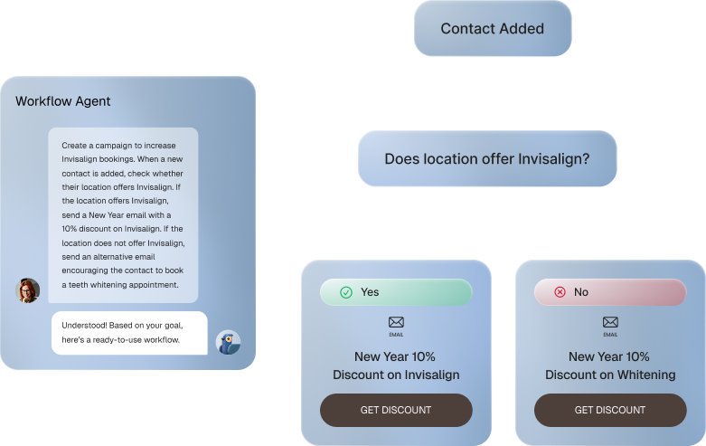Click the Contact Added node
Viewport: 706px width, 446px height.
[493, 28]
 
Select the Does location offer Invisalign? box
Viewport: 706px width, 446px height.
[487, 158]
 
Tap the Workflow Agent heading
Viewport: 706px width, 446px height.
[62, 101]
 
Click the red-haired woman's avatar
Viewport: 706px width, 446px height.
[27, 290]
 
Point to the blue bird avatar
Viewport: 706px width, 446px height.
[229, 342]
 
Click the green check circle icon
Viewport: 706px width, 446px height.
[346, 292]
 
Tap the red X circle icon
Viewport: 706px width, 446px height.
[560, 292]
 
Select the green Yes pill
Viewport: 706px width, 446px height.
[396, 292]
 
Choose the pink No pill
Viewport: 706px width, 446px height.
[610, 292]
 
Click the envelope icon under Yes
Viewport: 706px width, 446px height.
[396, 322]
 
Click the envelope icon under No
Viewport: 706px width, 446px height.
[610, 322]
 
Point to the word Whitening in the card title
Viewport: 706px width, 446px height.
[646, 375]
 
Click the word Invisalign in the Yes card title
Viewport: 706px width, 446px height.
[432, 375]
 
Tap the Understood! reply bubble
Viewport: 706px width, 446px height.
[129, 333]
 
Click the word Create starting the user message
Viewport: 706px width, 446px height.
[74, 146]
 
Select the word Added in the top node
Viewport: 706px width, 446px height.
[522, 28]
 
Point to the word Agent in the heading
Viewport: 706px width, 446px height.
[93, 102]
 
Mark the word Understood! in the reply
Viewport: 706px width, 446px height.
[84, 326]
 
